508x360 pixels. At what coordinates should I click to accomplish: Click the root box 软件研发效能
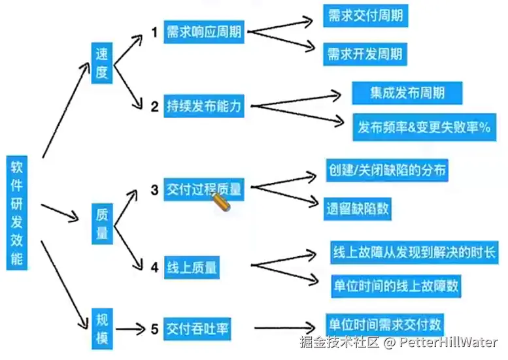click(x=17, y=213)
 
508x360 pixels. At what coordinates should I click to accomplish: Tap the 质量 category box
click(x=102, y=223)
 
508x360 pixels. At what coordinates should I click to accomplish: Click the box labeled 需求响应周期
click(x=203, y=32)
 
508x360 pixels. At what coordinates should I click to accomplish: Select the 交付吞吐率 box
click(x=196, y=328)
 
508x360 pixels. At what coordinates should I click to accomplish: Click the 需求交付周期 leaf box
click(x=365, y=16)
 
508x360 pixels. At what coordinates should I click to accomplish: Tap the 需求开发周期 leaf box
click(x=365, y=54)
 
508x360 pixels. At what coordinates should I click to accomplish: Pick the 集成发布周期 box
click(x=407, y=92)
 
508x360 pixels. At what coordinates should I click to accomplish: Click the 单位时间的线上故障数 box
click(x=395, y=285)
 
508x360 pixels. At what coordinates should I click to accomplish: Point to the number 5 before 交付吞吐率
click(x=154, y=329)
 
